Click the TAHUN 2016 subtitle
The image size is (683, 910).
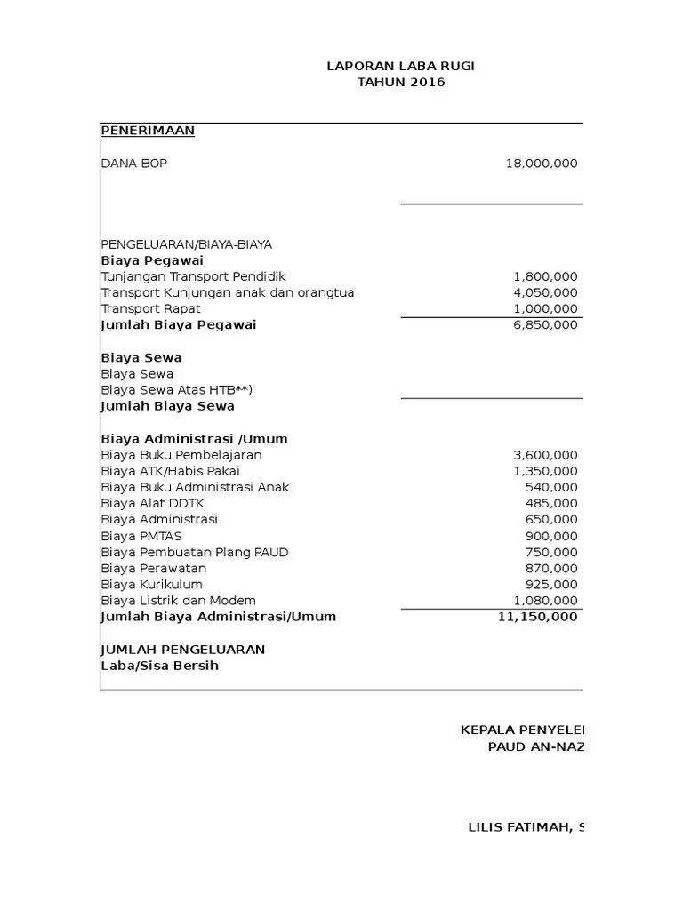coord(401,83)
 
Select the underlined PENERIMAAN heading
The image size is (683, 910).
coord(148,131)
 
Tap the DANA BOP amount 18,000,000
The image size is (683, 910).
coord(541,164)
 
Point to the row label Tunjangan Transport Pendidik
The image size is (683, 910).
coord(194,276)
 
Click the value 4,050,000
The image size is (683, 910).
coord(545,292)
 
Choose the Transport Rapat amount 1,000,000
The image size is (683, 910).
coord(545,308)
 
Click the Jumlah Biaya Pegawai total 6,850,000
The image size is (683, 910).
coord(545,325)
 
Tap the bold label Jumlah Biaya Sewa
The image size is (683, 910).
coord(168,406)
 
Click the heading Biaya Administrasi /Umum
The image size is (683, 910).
coord(195,439)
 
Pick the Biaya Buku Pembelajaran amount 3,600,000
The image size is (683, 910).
coord(545,455)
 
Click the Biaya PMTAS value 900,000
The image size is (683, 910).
coord(552,536)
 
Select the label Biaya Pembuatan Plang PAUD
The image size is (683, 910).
coord(195,552)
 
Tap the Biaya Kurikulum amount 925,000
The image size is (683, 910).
coord(552,585)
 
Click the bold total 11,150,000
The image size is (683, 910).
coord(538,617)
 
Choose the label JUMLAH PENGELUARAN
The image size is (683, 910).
coord(183,650)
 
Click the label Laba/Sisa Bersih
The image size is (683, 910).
coord(160,666)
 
